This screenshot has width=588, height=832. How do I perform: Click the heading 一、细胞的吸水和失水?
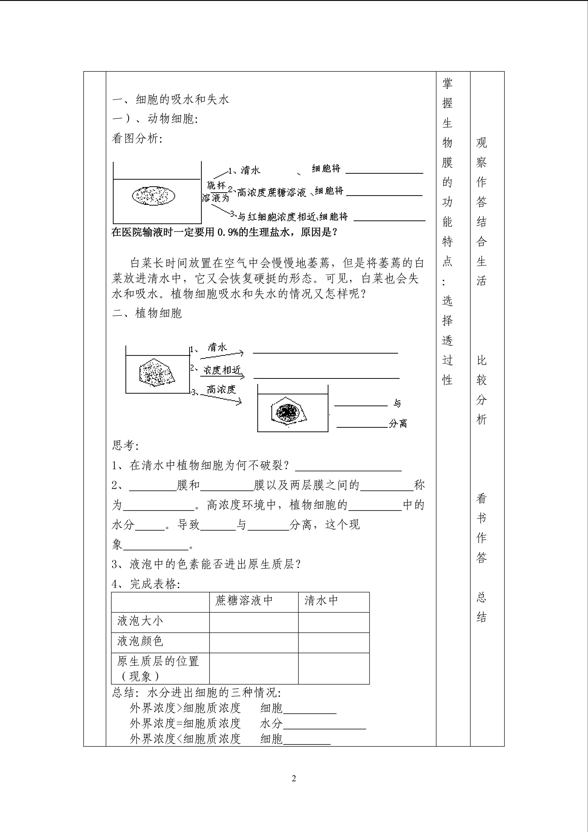pos(171,99)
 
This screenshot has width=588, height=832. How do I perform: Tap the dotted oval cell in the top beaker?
pos(154,196)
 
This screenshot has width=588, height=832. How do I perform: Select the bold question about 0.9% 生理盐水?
pos(224,232)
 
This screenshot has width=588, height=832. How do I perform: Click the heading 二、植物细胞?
pos(147,313)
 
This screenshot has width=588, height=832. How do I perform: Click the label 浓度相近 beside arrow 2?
pos(222,370)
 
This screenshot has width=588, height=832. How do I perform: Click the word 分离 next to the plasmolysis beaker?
pos(398,423)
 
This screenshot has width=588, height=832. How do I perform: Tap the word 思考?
pos(123,445)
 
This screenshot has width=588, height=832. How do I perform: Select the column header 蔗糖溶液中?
pos(244,600)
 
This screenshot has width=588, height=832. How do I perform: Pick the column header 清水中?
pos(321,600)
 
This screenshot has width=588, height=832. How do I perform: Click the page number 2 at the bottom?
pos(294,778)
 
